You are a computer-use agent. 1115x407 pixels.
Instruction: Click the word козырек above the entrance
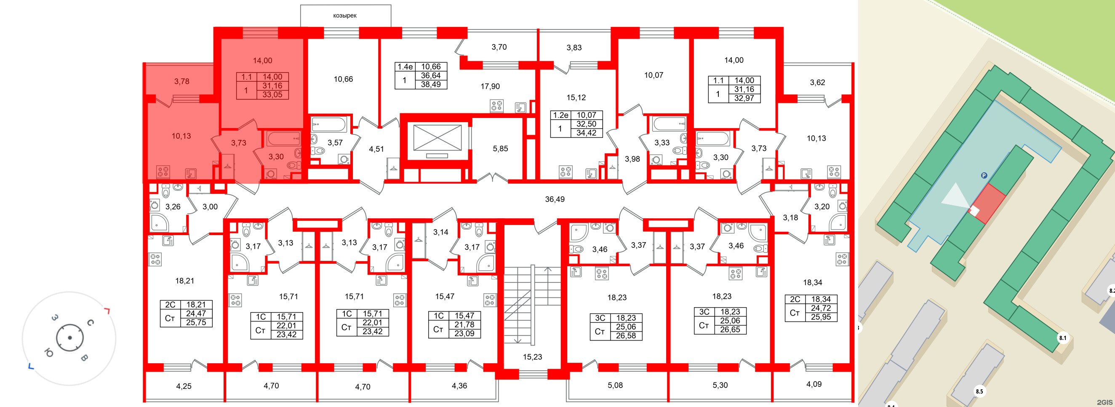tap(344, 16)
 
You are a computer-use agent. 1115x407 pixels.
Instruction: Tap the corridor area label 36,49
tap(555, 199)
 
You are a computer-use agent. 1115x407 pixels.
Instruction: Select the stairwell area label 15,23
tap(532, 357)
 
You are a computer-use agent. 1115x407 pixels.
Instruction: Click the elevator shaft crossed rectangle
tap(437, 138)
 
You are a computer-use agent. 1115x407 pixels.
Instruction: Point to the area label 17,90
tap(490, 87)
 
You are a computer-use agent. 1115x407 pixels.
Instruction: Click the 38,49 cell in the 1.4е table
tap(431, 84)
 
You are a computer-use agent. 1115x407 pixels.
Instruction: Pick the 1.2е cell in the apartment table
tap(560, 115)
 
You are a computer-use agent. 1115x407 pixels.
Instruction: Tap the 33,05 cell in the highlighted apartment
tap(272, 94)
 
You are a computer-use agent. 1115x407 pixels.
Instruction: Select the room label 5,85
tap(500, 148)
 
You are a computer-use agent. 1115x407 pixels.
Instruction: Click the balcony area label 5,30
tap(720, 385)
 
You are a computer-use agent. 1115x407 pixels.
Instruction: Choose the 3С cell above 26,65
tap(704, 312)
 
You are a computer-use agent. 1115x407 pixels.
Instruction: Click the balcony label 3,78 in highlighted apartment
tap(182, 81)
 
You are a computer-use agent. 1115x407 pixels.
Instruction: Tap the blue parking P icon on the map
tap(984, 175)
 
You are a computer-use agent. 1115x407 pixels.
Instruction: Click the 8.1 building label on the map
tap(1063, 338)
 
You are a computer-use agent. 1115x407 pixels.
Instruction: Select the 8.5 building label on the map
tap(979, 391)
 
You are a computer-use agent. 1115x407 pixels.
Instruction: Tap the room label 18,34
tap(812, 283)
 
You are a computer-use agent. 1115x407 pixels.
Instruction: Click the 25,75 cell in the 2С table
tap(196, 323)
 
